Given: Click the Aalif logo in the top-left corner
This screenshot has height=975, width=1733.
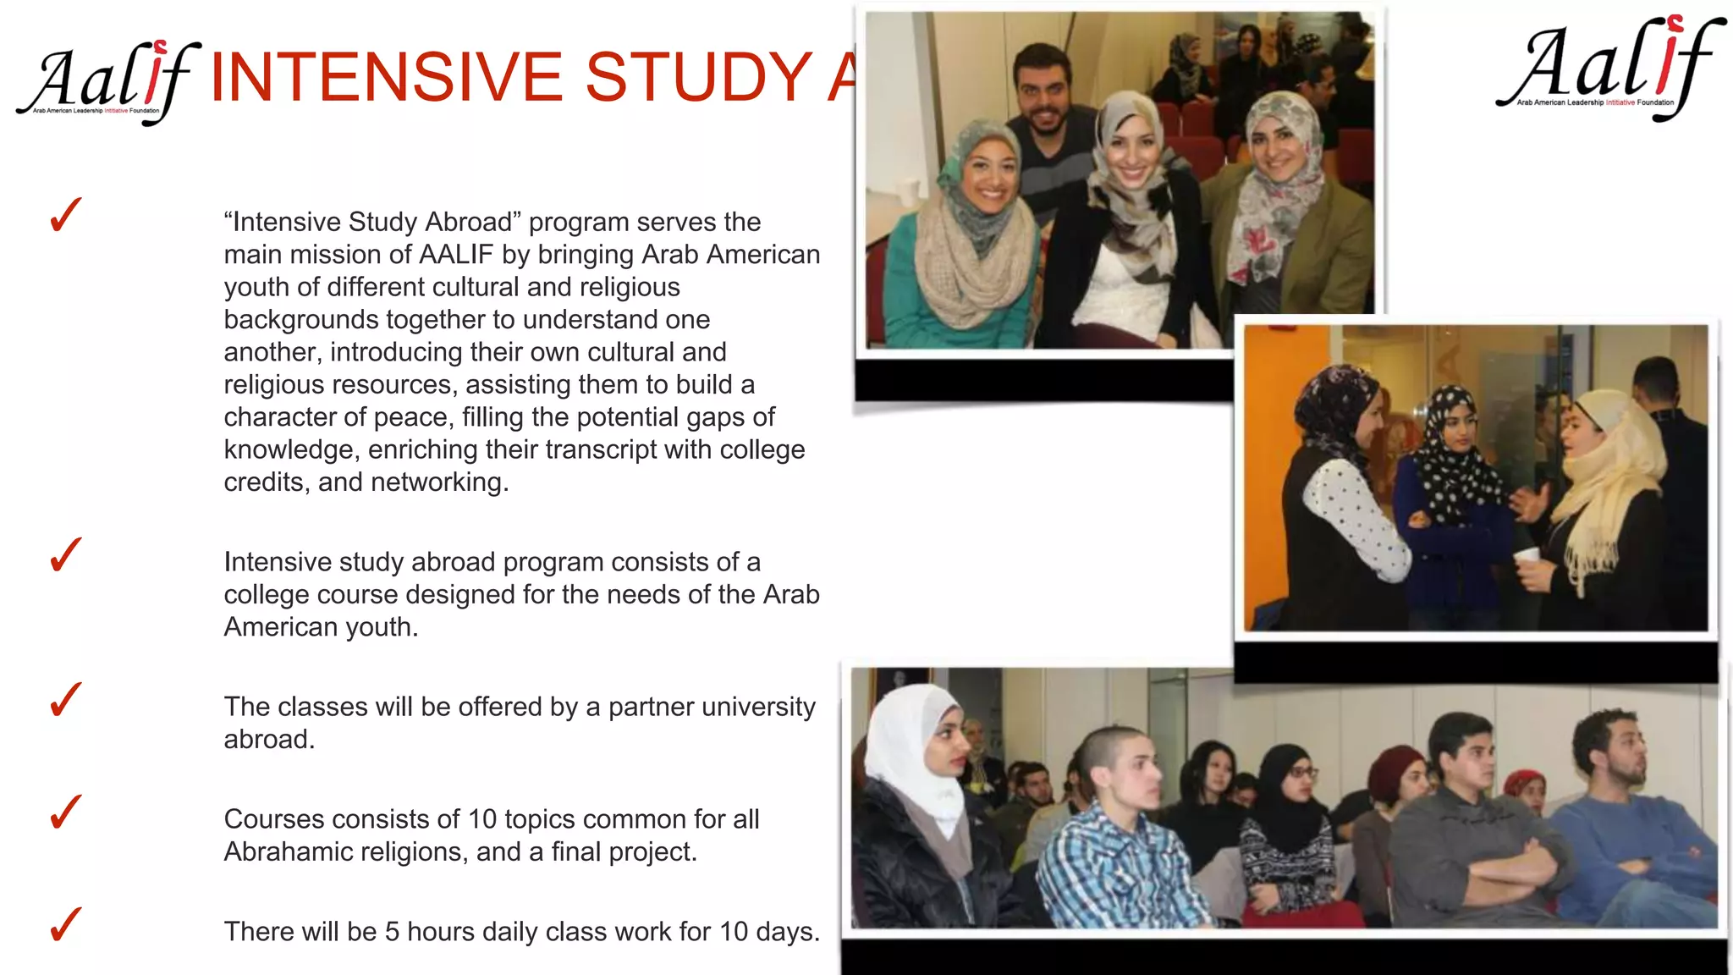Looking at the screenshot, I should (x=106, y=80).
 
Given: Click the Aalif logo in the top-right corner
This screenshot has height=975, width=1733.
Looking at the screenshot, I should (x=1608, y=68).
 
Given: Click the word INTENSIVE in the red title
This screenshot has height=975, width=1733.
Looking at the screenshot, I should (x=386, y=77).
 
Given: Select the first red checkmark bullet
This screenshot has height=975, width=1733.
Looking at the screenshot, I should (x=65, y=215).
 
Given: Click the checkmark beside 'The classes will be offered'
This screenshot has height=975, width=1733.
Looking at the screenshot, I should (x=65, y=700).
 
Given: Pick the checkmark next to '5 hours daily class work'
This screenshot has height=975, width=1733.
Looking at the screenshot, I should (x=65, y=924).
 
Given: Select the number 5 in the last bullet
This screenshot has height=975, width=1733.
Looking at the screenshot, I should (x=392, y=932).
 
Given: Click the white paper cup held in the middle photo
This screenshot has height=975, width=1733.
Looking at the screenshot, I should (x=1526, y=557).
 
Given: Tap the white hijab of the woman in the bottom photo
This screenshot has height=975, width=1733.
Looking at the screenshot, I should (x=910, y=745).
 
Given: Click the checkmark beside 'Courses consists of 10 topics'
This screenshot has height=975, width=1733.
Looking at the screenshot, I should (x=65, y=812).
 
